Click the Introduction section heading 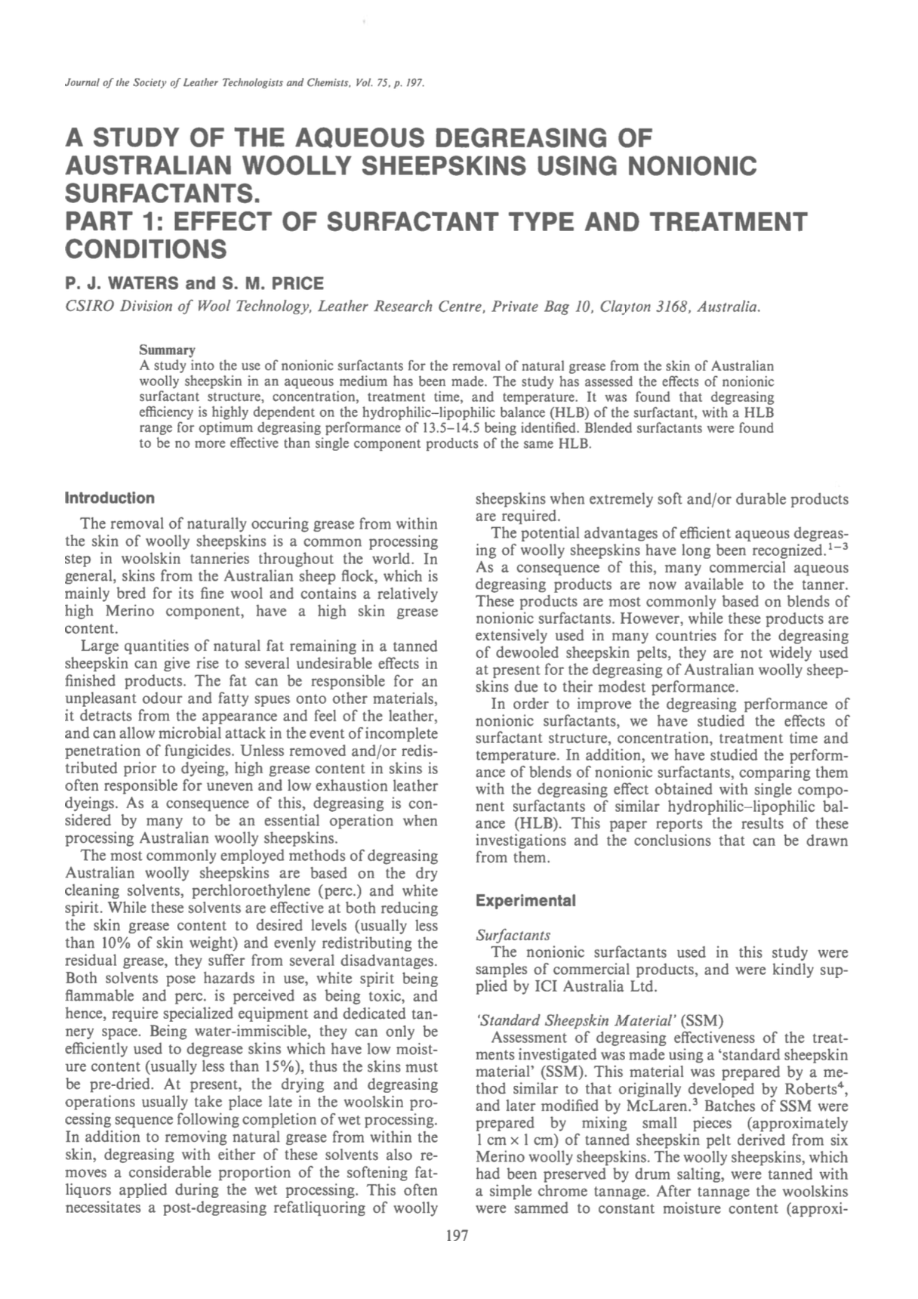[x=109, y=498]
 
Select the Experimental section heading [x=525, y=901]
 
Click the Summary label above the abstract [x=168, y=350]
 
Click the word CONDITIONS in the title [x=146, y=248]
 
